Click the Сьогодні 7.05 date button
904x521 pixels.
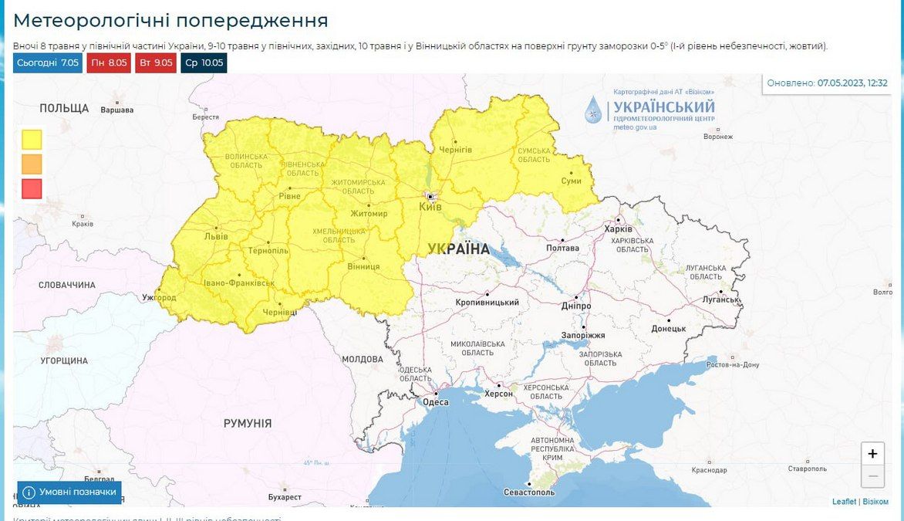pos(47,63)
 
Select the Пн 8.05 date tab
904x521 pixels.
pos(108,63)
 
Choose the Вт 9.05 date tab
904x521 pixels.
pos(156,63)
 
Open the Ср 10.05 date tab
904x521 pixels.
pos(204,63)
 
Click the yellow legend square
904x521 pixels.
pos(32,139)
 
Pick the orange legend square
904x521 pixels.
pos(32,164)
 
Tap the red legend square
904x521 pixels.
pos(32,188)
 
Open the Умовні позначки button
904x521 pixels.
pos(69,492)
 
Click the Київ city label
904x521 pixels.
pos(430,208)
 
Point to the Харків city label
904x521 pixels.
pos(619,229)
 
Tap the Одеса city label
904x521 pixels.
pos(436,401)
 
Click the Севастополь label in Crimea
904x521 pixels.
pos(528,492)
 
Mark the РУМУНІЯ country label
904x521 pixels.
pos(248,423)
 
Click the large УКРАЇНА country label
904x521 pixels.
pos(458,249)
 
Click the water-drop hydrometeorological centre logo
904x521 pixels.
pos(592,110)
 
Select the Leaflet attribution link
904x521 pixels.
pos(844,502)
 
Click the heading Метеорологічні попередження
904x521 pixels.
pos(170,21)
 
